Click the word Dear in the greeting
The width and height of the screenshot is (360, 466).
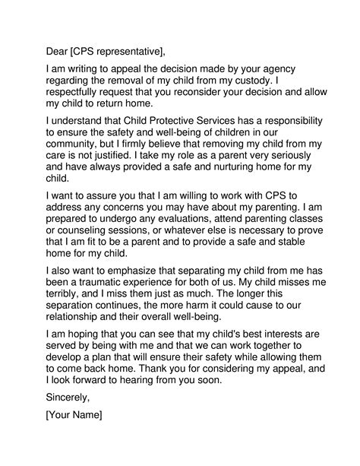pos(58,52)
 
